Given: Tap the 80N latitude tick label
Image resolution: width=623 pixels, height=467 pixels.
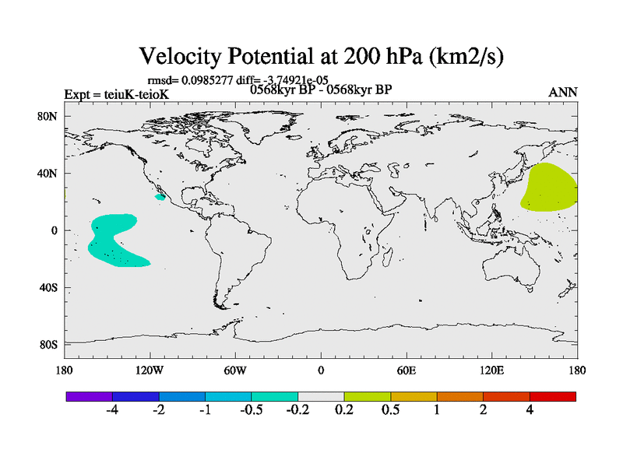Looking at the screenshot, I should [x=49, y=117].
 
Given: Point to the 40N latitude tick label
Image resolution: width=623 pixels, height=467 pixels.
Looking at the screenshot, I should [x=49, y=174].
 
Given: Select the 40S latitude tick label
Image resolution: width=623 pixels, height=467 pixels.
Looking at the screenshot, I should [x=49, y=288].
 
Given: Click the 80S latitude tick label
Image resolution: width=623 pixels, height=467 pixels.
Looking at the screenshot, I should [x=49, y=345].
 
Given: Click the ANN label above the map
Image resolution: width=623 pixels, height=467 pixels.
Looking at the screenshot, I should [x=563, y=93].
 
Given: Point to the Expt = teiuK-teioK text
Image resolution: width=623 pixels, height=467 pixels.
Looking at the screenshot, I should [x=116, y=95].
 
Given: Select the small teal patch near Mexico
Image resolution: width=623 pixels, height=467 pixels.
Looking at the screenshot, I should [x=160, y=197].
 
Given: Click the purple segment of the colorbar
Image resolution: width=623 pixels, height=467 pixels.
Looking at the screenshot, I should [x=89, y=396].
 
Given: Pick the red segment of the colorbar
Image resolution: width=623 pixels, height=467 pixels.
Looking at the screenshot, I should [x=552, y=396].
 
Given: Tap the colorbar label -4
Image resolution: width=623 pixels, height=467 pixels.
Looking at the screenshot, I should [x=111, y=411].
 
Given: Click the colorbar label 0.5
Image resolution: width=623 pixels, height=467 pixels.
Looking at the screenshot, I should [x=390, y=411].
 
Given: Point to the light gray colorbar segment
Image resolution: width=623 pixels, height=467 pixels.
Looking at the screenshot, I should [x=321, y=396].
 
